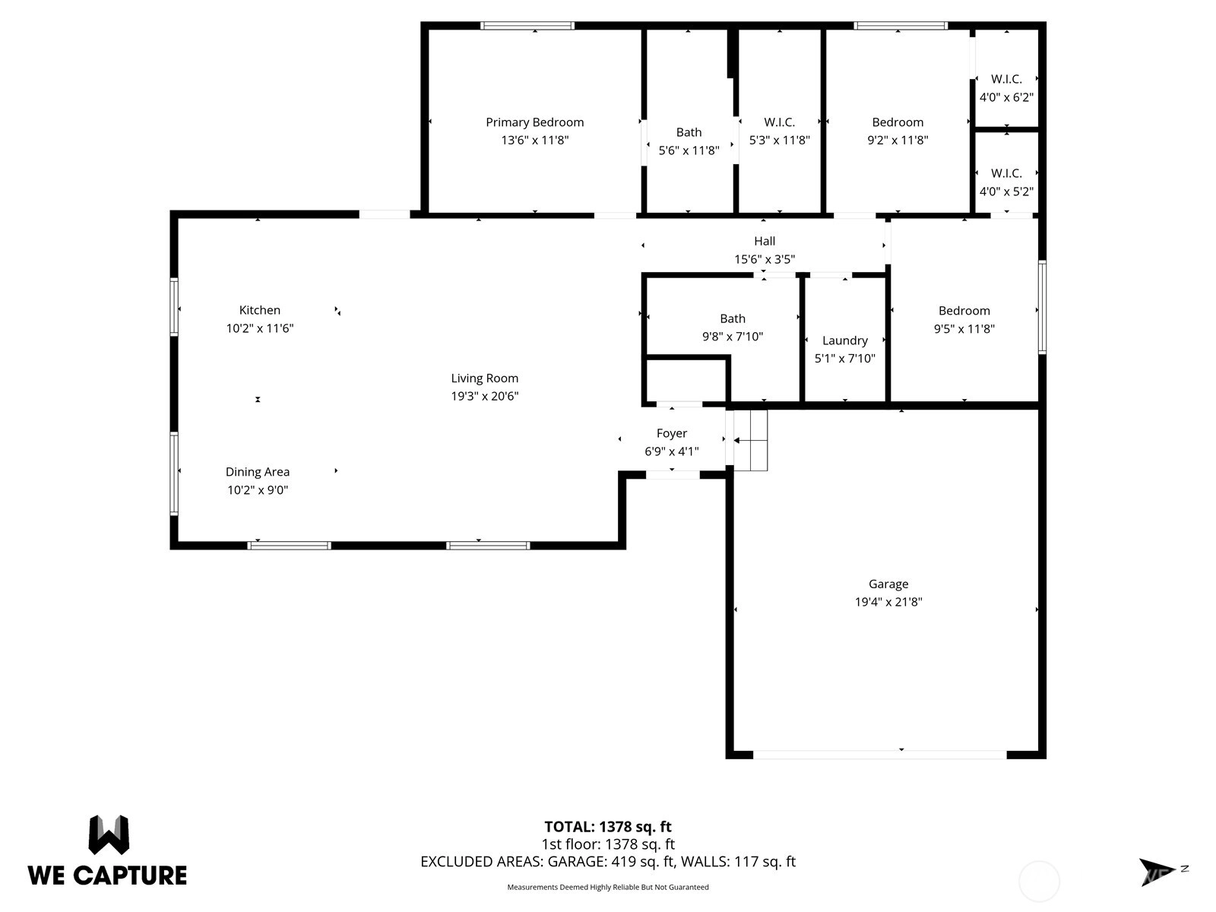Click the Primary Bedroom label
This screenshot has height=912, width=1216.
coord(534,122)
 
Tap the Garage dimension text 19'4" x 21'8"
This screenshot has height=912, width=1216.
coord(888,602)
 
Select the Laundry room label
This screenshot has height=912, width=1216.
coord(845,340)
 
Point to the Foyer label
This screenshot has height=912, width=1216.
coord(671,433)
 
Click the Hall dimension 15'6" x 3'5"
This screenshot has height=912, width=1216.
coord(765,259)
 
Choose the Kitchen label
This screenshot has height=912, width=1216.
coord(259,310)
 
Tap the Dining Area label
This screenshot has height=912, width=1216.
coord(258,472)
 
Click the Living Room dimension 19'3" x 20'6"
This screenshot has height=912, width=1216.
coord(485,396)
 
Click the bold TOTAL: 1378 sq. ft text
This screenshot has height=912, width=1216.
coord(608,827)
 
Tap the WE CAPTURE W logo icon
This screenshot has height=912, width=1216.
coord(109,834)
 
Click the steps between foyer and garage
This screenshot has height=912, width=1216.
coord(751,440)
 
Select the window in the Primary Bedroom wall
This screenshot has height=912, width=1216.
coord(527,26)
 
